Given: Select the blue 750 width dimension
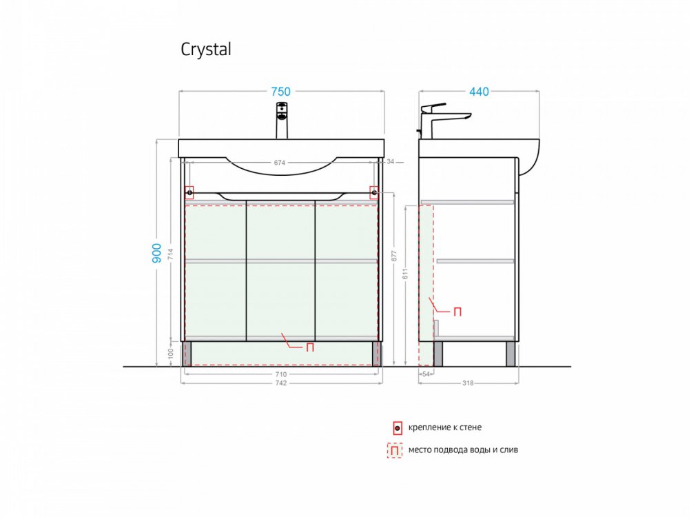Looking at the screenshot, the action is pyautogui.click(x=281, y=92).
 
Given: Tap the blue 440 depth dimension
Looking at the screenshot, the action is pyautogui.click(x=479, y=92).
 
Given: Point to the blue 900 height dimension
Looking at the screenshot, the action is pyautogui.click(x=157, y=253).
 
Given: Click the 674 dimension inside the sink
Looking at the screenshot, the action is pyautogui.click(x=280, y=163).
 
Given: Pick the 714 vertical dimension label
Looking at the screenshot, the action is pyautogui.click(x=170, y=254).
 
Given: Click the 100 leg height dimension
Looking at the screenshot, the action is pyautogui.click(x=170, y=353).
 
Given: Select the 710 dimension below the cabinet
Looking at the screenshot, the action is pyautogui.click(x=281, y=374).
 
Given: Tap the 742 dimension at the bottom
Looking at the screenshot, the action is pyautogui.click(x=281, y=383).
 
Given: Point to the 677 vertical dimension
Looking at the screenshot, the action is pyautogui.click(x=393, y=256).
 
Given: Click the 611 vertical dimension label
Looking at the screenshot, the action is pyautogui.click(x=405, y=274).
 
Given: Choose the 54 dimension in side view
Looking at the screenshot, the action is pyautogui.click(x=426, y=374).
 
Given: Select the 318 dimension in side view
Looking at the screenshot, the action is pyautogui.click(x=468, y=383).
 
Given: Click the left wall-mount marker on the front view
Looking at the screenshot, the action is pyautogui.click(x=189, y=192).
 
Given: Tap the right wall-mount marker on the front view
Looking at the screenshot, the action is pyautogui.click(x=374, y=192).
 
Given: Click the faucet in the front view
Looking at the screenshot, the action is pyautogui.click(x=281, y=121).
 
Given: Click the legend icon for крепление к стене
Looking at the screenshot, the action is pyautogui.click(x=398, y=428).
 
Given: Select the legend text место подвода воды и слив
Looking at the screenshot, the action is pyautogui.click(x=463, y=449).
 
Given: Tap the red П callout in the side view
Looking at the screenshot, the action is pyautogui.click(x=457, y=312).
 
